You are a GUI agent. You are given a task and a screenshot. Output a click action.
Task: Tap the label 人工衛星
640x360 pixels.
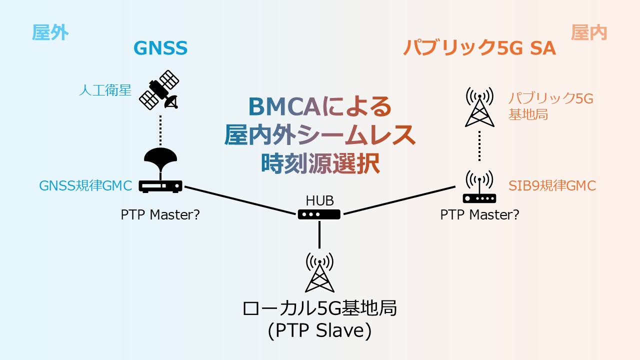tap(105, 90)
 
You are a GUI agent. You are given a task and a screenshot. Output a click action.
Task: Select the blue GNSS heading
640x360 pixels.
tap(160, 48)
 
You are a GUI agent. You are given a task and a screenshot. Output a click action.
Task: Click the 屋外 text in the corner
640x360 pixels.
tap(50, 32)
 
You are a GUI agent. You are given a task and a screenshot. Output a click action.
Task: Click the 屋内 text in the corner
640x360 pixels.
tap(589, 32)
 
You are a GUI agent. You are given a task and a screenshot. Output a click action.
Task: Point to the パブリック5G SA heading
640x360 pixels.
tap(479, 48)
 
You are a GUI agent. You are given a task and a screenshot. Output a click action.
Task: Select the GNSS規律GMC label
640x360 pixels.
tap(85, 185)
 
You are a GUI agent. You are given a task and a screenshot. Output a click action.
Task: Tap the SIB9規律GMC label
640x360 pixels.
tap(552, 185)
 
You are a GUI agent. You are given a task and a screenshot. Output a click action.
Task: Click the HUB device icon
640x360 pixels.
tap(319, 214)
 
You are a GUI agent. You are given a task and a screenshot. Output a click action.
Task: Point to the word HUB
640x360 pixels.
tap(319, 201)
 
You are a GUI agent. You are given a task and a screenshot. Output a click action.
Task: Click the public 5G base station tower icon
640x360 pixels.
tap(479, 107)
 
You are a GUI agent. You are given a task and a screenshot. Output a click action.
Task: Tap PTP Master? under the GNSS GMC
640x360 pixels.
tap(160, 215)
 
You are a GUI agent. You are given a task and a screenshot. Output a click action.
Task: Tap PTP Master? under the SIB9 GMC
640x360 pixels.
tap(479, 215)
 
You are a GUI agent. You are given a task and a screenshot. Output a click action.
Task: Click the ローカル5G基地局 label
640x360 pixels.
tap(319, 308)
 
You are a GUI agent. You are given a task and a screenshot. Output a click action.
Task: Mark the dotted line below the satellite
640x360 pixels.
tap(160, 130)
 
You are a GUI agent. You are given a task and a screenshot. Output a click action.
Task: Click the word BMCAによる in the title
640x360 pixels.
tap(319, 106)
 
